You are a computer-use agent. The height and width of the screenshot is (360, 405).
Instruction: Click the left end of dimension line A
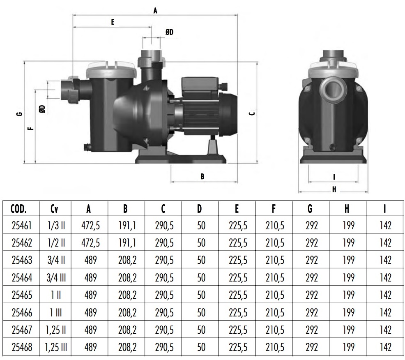[x=73, y=15]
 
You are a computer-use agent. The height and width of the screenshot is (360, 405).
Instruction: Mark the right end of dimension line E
[x=151, y=27]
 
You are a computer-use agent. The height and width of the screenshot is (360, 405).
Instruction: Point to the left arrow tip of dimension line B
[x=171, y=182]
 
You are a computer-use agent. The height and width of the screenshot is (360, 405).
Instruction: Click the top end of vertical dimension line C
[x=257, y=62]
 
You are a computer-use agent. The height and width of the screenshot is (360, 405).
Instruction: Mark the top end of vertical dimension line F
[x=35, y=90]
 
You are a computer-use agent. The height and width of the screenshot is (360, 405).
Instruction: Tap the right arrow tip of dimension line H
[x=368, y=192]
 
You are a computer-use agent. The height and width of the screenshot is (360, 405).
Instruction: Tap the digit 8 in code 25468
[x=30, y=347]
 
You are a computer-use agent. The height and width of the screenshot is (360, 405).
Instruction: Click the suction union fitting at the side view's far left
[x=70, y=90]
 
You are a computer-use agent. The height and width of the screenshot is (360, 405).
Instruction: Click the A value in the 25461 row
[x=90, y=226]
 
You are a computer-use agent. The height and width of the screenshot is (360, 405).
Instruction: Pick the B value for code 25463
[x=127, y=260]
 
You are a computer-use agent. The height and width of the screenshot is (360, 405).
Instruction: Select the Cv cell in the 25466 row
[x=56, y=313]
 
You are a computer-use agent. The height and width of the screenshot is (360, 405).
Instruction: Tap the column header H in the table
[x=347, y=208]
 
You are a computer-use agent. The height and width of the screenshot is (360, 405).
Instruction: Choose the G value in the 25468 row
[x=311, y=347]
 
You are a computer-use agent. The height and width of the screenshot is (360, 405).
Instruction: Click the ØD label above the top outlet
[x=170, y=32]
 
